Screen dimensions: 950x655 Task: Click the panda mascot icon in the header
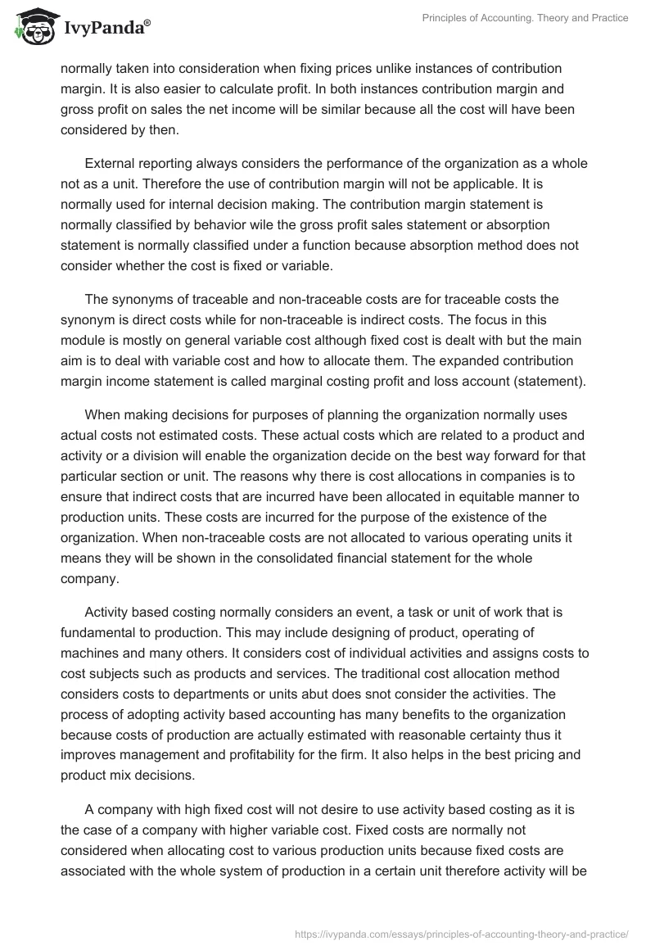click(32, 28)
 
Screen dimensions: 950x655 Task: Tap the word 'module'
click(84, 340)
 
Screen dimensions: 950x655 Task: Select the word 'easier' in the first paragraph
click(187, 87)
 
